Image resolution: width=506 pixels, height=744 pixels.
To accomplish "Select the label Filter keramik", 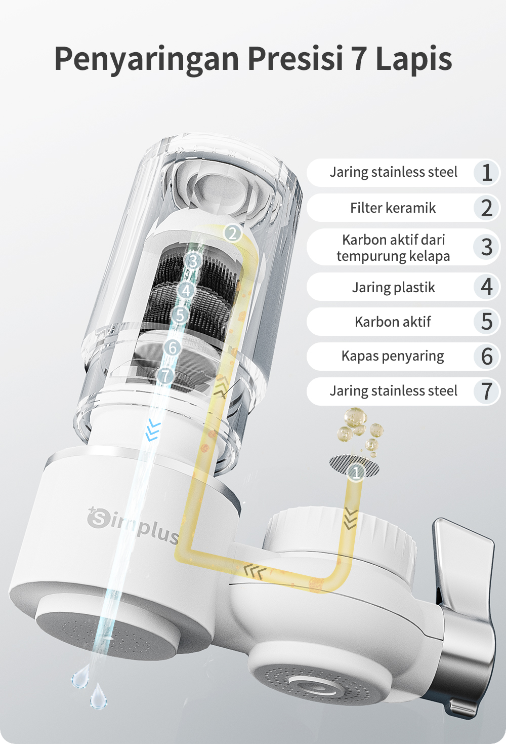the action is (x=393, y=208).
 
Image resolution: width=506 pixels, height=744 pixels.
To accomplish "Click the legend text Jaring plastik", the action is (x=393, y=287).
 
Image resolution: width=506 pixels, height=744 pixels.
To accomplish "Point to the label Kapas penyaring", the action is (x=393, y=356).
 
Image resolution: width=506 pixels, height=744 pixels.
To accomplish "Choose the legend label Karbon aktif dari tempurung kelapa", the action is (x=393, y=248).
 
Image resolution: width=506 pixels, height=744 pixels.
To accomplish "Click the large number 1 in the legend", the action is (x=487, y=173).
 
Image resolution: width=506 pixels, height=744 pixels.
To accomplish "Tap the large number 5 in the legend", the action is (x=487, y=322).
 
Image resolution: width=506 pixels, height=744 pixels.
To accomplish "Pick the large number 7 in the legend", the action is (x=487, y=391).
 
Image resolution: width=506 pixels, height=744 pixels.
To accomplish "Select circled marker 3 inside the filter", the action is (x=193, y=261).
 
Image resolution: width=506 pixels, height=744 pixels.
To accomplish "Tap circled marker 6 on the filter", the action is (x=173, y=348).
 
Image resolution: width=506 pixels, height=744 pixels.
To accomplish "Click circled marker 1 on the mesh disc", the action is (x=356, y=472).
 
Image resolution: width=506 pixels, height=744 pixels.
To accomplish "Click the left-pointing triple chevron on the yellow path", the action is (x=255, y=571).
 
